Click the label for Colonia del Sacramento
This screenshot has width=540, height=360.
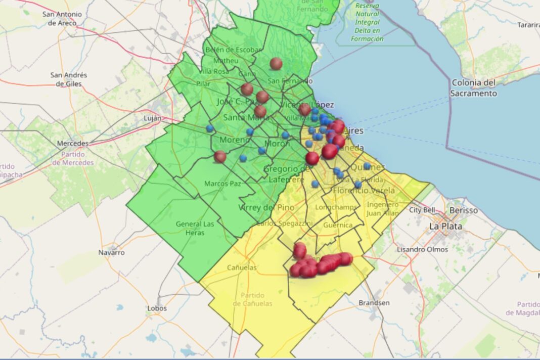tap(474, 88)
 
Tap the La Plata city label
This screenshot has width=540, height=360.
tap(445, 226)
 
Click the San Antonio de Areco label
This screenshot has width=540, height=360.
tap(63, 19)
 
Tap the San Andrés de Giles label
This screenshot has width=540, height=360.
tap(68, 79)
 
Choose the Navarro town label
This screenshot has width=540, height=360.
tap(111, 252)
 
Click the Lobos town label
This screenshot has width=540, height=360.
tap(157, 308)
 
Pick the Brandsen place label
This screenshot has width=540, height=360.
tap(374, 302)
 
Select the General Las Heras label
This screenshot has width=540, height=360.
tap(195, 228)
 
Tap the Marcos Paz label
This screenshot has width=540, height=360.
tap(222, 183)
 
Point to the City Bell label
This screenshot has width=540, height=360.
tap(422, 210)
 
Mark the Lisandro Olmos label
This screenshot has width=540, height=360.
tap(422, 249)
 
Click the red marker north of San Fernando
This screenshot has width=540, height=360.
tap(276, 64)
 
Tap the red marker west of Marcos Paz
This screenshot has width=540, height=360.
tap(219, 157)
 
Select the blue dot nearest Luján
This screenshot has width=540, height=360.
tap(210, 128)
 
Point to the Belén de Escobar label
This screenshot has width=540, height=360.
tap(233, 50)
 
